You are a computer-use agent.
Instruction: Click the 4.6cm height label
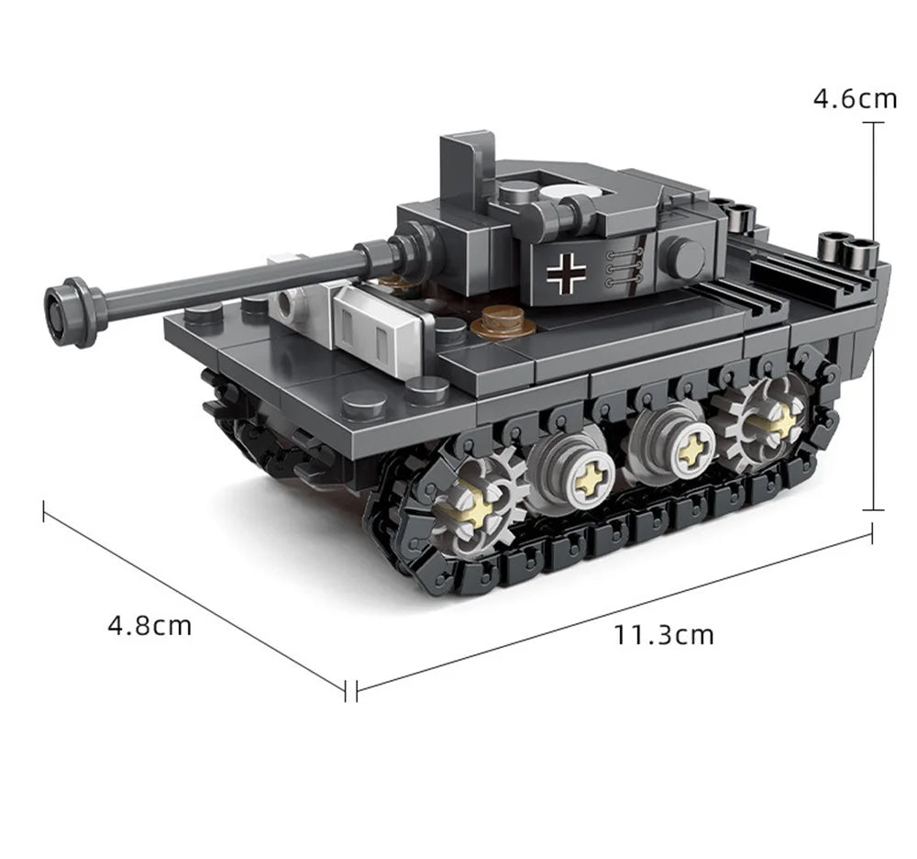pyautogui.click(x=855, y=98)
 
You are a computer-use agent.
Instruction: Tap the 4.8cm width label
pyautogui.click(x=149, y=626)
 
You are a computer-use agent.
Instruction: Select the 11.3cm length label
pyautogui.click(x=664, y=634)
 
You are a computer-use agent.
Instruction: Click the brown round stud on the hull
pyautogui.click(x=503, y=322)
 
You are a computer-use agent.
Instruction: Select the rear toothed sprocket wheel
pyautogui.click(x=763, y=420)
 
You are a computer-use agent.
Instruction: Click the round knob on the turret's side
pyautogui.click(x=684, y=258)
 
